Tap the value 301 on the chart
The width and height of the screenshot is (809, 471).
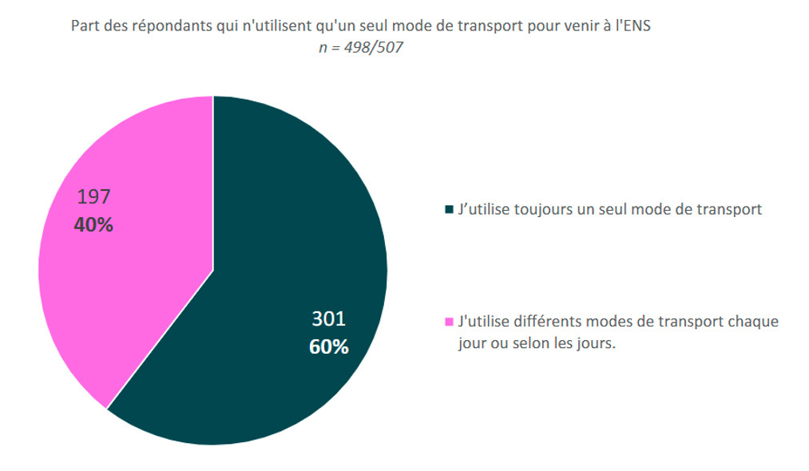click(x=328, y=319)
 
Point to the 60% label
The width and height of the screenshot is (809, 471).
click(x=328, y=347)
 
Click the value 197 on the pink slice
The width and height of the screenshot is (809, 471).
click(x=93, y=196)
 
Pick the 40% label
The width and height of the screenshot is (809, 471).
click(x=93, y=225)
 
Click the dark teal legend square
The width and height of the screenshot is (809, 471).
click(x=449, y=210)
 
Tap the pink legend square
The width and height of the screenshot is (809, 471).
click(x=449, y=323)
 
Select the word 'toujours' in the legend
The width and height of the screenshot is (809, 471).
click(x=539, y=210)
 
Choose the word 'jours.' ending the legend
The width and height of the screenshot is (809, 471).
click(x=598, y=346)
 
